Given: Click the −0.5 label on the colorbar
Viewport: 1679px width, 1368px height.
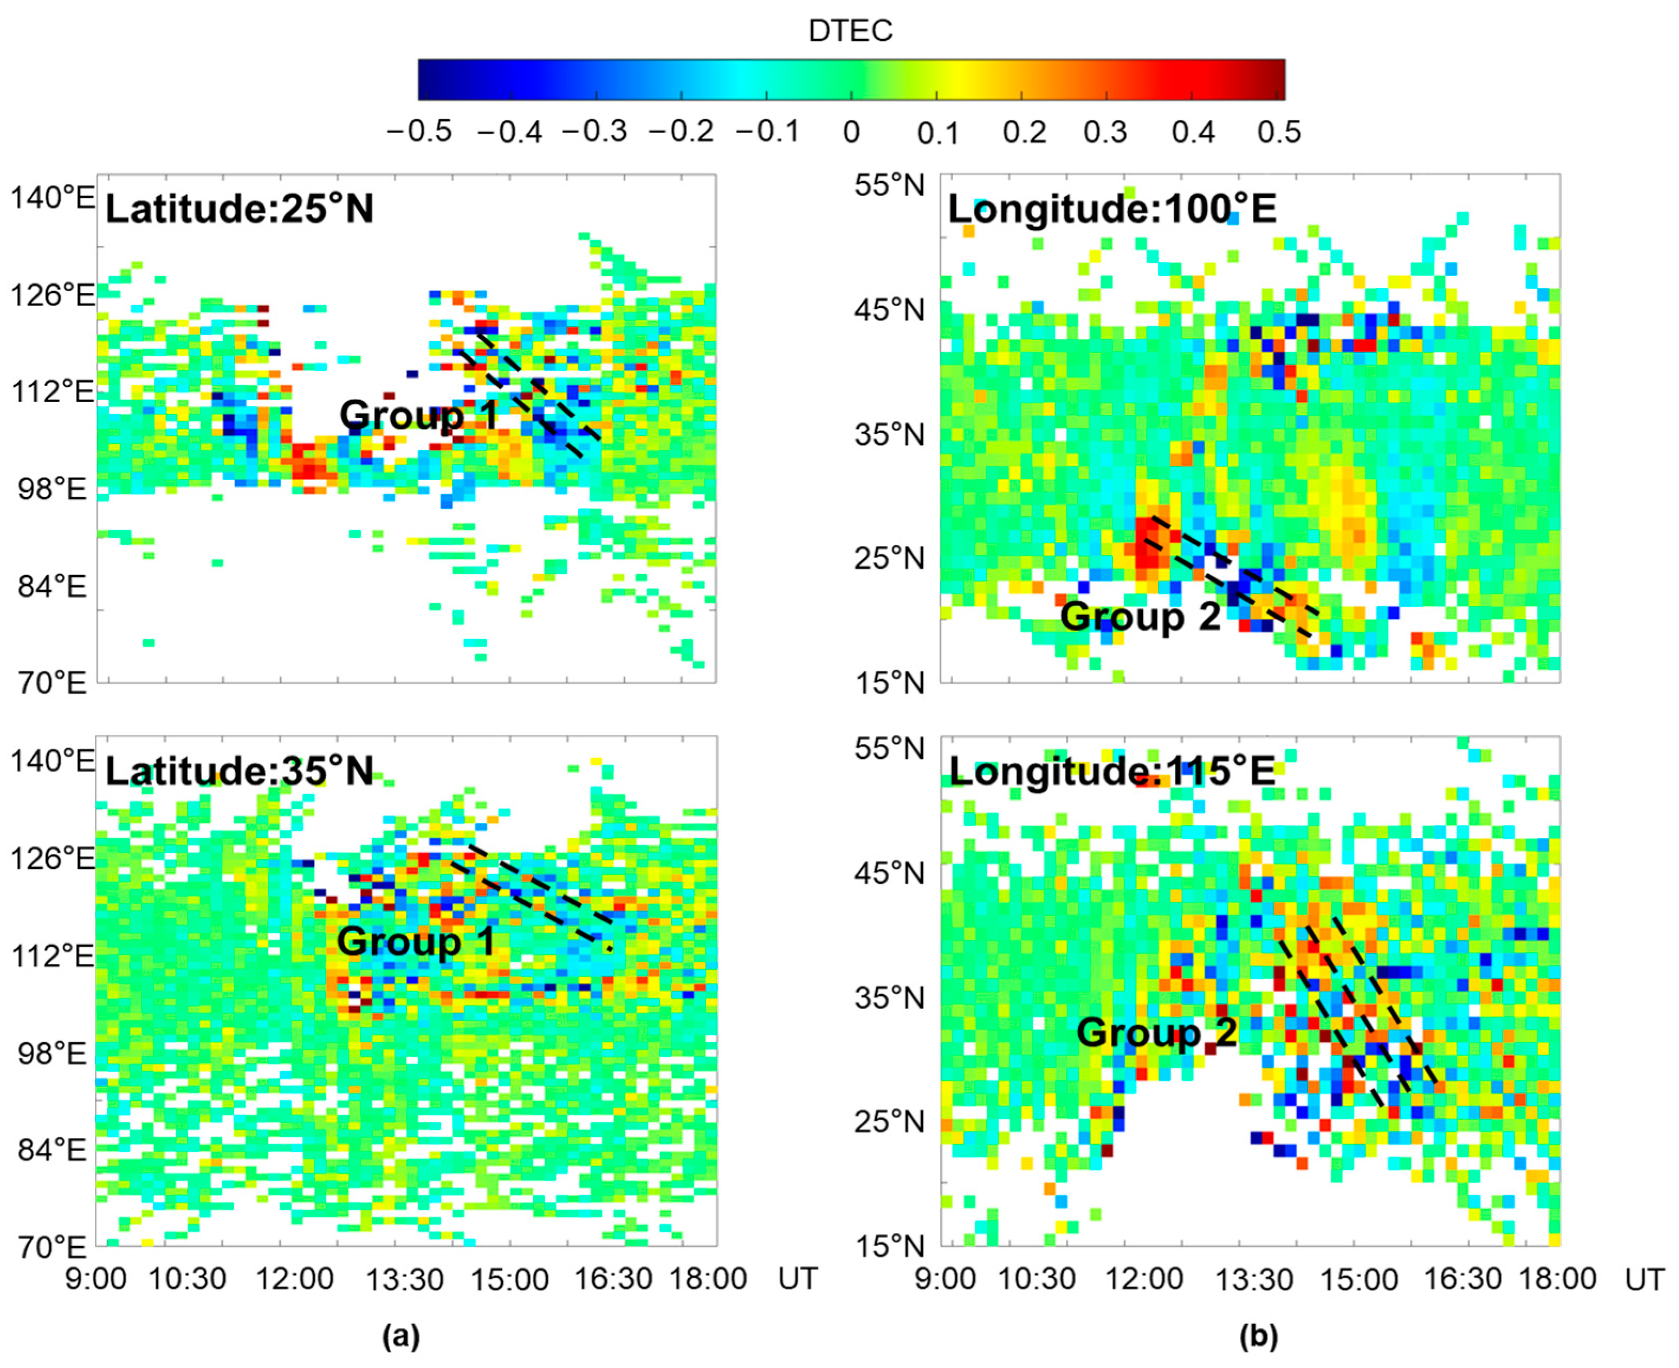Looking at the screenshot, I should [x=419, y=131].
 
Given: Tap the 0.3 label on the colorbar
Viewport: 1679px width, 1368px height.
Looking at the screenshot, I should [x=1105, y=131].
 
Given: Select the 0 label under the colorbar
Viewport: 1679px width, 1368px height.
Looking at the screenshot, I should [x=851, y=132].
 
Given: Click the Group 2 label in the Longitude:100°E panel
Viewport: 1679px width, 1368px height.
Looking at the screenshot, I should [x=1140, y=616].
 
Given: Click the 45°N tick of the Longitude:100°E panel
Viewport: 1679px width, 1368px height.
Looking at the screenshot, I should [x=889, y=310].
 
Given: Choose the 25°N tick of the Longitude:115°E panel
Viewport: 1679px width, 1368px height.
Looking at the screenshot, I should [x=889, y=1121].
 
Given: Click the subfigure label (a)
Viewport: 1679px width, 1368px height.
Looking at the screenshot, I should [x=401, y=1336].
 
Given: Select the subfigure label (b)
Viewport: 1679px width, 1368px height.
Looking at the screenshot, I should [x=1258, y=1336].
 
